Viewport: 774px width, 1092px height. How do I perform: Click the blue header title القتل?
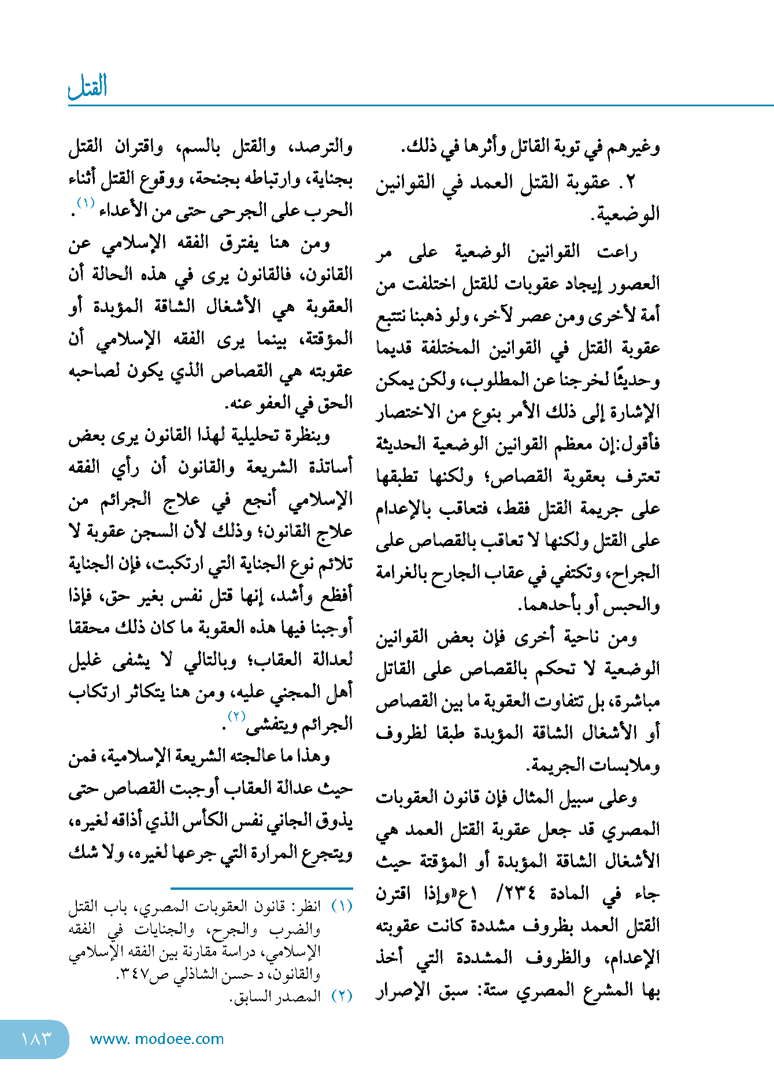click(x=88, y=87)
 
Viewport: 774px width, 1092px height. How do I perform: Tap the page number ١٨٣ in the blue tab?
click(x=36, y=1039)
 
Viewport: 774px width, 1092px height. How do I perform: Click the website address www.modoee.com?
click(x=157, y=1039)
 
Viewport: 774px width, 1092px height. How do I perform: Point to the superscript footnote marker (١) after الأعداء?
click(x=86, y=203)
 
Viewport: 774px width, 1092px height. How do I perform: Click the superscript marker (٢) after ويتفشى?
click(x=236, y=716)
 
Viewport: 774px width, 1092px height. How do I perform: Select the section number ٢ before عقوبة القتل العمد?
click(x=630, y=183)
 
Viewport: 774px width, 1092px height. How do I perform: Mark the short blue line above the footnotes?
click(x=261, y=888)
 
